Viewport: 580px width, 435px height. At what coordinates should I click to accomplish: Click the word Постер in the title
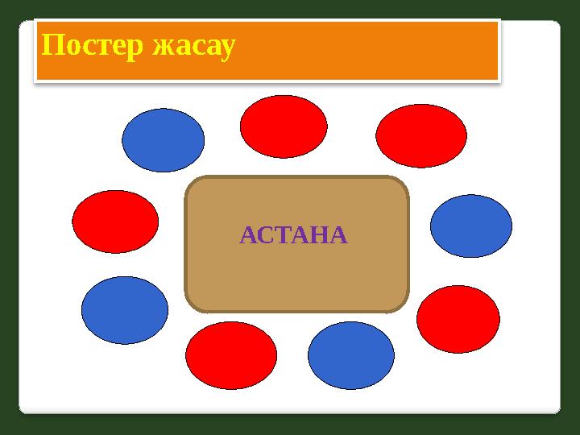[87, 47]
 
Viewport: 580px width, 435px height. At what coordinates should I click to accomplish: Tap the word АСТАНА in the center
[294, 235]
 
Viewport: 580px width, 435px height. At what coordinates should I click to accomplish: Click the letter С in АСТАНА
[264, 235]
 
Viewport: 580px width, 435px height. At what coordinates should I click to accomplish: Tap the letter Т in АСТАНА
[281, 235]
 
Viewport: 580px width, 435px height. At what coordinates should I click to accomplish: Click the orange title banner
[362, 50]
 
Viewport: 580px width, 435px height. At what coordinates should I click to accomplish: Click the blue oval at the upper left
[163, 140]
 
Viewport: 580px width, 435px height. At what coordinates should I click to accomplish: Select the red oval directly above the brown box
[284, 126]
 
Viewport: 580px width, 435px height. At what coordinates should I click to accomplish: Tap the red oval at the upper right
[421, 136]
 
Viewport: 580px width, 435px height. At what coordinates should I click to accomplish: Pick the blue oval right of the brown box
[471, 226]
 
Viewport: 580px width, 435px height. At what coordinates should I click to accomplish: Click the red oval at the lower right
[458, 319]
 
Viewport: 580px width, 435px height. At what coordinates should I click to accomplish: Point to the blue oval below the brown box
[351, 355]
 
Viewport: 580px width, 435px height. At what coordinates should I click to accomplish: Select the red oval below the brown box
[231, 355]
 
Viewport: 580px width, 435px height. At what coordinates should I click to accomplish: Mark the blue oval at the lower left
[125, 310]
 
